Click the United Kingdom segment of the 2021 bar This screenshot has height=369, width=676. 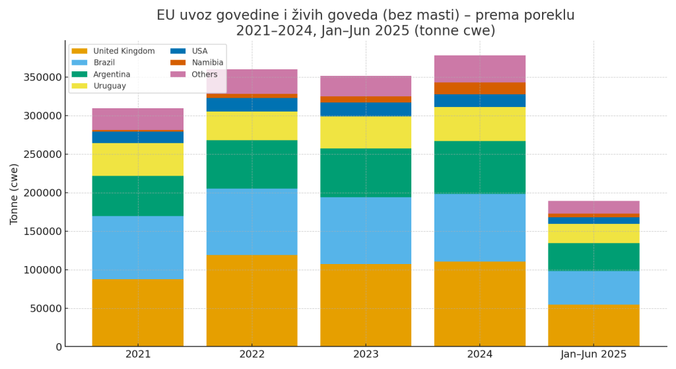tap(137, 312)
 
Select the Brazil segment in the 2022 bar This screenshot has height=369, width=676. tap(252, 221)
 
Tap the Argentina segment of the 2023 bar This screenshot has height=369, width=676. tap(366, 172)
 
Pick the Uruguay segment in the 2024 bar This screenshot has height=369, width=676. tap(480, 123)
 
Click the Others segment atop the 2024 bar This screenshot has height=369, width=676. tap(480, 69)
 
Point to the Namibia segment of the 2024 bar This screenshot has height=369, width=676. tap(480, 88)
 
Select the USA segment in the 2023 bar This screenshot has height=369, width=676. tap(366, 109)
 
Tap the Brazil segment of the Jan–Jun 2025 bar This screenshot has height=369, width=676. tap(593, 287)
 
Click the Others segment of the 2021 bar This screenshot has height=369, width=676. tap(137, 119)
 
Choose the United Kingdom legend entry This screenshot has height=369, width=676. tap(123, 51)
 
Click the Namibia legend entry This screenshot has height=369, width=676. tap(207, 63)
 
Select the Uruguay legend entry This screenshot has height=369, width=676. tap(110, 86)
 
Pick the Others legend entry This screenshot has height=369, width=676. tap(205, 74)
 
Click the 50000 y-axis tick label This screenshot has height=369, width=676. tap(44, 308)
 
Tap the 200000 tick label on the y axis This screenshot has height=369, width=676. tap(40, 193)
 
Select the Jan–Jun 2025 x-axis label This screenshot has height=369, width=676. tap(593, 354)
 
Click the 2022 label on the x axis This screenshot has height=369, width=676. tap(252, 354)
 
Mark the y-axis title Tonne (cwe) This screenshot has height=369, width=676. tap(14, 193)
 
